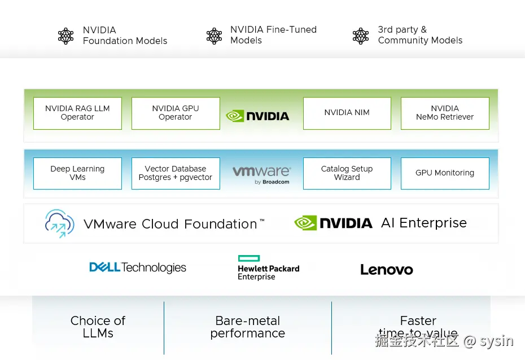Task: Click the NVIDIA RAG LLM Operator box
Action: (x=78, y=113)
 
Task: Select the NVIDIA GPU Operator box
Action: (x=176, y=113)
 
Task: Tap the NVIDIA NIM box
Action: (x=347, y=113)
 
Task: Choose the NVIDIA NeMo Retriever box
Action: (x=445, y=113)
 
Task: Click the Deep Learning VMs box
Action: (x=78, y=173)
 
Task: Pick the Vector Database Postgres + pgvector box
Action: (x=176, y=173)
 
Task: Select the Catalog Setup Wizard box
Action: (x=347, y=173)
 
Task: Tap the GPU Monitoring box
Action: (x=445, y=173)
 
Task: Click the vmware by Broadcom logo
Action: (x=262, y=175)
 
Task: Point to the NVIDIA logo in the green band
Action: (x=257, y=116)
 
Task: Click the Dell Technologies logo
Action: (x=138, y=267)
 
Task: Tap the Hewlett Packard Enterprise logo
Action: (x=269, y=267)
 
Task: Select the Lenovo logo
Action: (x=387, y=269)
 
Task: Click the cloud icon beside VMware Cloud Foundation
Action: (x=60, y=223)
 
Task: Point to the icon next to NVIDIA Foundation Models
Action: (x=66, y=36)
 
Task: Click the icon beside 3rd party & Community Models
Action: (x=361, y=36)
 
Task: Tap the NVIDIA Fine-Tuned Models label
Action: (x=274, y=35)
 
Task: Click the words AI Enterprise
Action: (x=424, y=223)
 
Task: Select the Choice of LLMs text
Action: (x=98, y=327)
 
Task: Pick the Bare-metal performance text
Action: (x=248, y=327)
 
